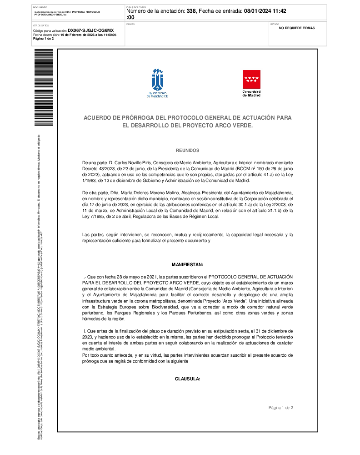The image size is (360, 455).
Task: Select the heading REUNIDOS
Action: (187, 150)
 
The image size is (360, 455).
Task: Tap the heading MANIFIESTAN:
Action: (187, 264)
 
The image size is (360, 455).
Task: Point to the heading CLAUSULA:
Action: (187, 379)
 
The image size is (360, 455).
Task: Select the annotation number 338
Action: (191, 10)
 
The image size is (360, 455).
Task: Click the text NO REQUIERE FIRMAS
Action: (296, 28)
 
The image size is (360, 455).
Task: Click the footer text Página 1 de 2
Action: (280, 407)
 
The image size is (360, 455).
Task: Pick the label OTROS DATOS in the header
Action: (40, 25)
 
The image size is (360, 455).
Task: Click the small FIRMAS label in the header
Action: (130, 24)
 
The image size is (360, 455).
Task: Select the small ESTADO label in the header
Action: (275, 24)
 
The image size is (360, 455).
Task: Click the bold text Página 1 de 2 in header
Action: (44, 39)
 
